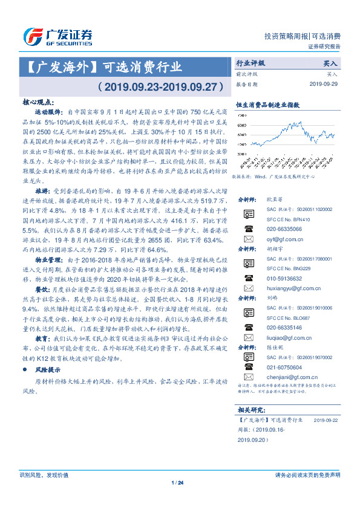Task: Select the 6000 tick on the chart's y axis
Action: pos(241,134)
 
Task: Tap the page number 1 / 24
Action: pos(177,482)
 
